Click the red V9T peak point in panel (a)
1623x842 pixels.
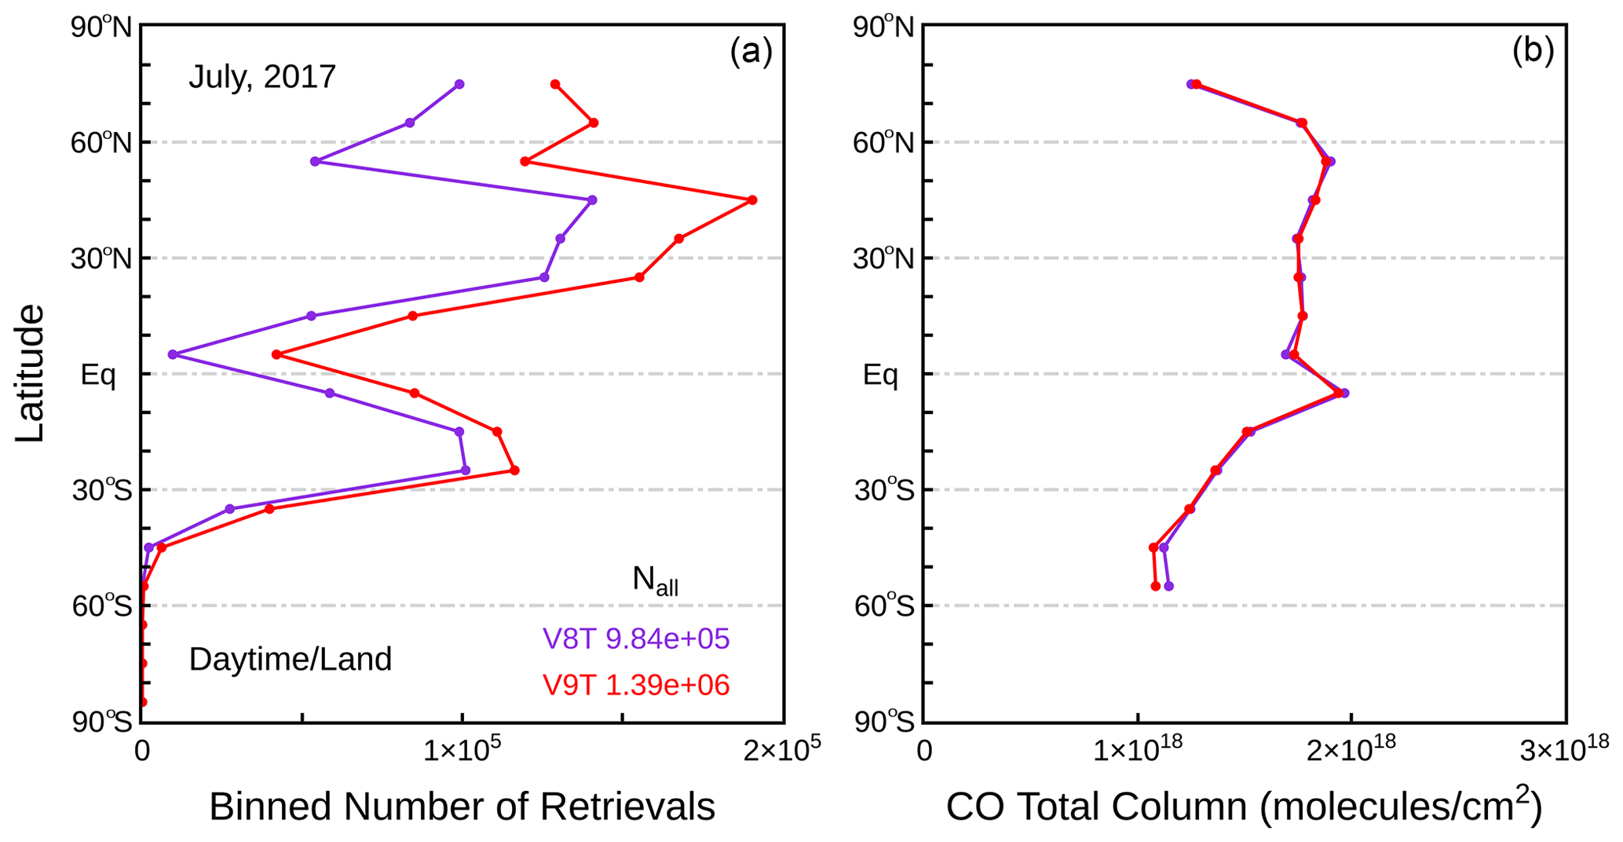tap(752, 200)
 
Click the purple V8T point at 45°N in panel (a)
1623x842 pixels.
tap(592, 200)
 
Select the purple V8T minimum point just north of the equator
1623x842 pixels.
tap(173, 354)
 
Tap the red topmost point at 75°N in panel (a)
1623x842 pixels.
tap(555, 84)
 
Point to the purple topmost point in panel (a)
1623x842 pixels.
tap(459, 84)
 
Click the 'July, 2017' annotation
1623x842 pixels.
tap(262, 77)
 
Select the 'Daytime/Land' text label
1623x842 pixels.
tap(290, 660)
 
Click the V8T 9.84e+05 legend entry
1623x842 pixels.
tap(636, 639)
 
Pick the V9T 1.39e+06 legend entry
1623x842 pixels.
tap(636, 685)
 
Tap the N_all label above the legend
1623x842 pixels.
tap(655, 581)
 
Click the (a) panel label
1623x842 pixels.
tap(751, 52)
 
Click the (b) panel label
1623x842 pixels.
tap(1533, 52)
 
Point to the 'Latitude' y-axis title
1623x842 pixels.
tap(30, 373)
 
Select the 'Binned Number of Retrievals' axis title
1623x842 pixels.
tap(462, 807)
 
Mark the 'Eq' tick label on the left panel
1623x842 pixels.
tap(98, 375)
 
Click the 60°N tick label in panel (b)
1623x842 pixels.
tap(883, 144)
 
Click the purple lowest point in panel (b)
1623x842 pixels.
tap(1168, 586)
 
